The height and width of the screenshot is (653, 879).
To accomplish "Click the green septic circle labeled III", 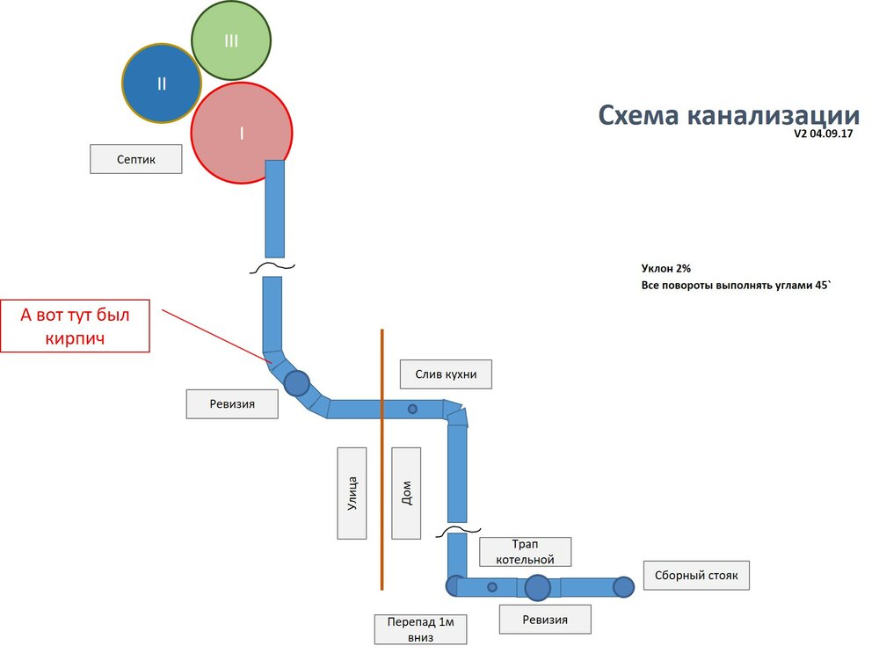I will coord(231,40).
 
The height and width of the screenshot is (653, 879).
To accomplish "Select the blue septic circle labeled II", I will coord(161,83).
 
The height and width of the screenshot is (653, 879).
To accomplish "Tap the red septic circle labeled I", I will coord(241,133).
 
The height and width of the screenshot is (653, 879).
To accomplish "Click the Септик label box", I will coord(136,159).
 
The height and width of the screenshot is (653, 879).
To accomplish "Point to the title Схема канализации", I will coord(729,115).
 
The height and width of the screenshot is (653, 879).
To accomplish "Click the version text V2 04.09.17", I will coord(825,134).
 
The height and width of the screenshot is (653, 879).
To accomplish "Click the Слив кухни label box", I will coord(445,374).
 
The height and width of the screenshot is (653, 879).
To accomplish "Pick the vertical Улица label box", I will coord(352,492).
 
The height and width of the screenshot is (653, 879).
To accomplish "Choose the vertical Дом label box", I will coord(406,492).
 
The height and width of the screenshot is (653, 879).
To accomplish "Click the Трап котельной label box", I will coord(525,552).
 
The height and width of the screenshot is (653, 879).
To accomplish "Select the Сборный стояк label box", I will coord(696,577).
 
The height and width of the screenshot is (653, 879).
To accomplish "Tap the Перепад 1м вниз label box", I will coord(420,629).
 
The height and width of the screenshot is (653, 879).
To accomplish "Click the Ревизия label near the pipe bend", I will coord(232,403).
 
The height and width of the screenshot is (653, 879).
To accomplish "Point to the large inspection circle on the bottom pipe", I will coord(537,587).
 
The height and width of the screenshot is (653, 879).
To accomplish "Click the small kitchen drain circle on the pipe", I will coord(411,409).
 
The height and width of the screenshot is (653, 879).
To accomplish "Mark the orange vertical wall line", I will coord(382,457).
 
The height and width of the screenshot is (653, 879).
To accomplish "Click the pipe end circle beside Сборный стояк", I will coord(623,587).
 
